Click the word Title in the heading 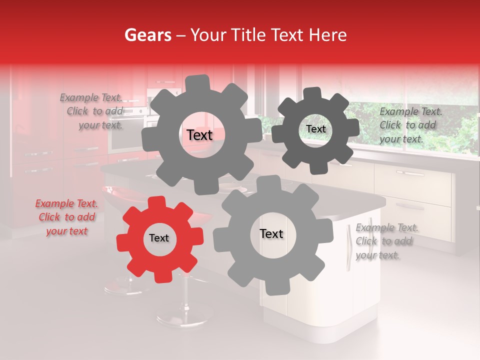click(x=250, y=35)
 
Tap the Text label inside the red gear click(x=159, y=238)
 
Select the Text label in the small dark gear click(x=315, y=129)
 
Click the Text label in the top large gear click(x=199, y=135)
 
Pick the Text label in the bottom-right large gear click(x=271, y=234)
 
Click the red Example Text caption click(x=67, y=217)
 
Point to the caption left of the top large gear click(x=92, y=111)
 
